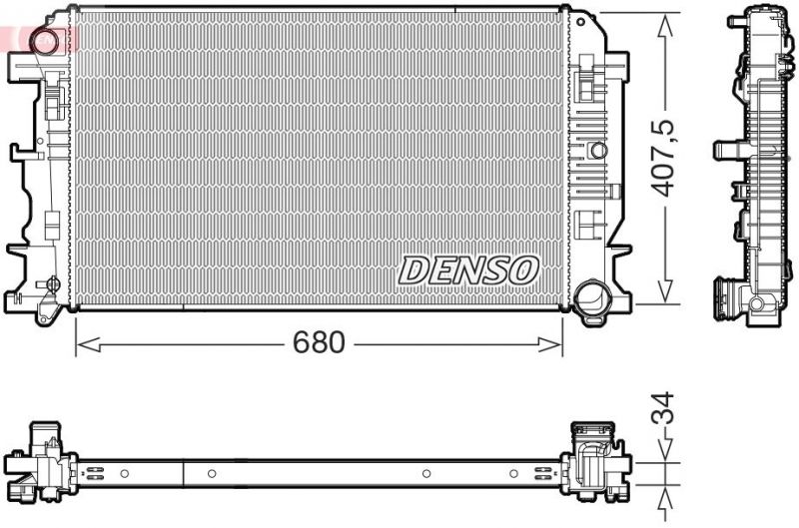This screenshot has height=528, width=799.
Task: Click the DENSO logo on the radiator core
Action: [x=468, y=268]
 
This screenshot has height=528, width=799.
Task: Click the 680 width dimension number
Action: [x=319, y=343]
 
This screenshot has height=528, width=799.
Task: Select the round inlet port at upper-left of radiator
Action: [x=45, y=41]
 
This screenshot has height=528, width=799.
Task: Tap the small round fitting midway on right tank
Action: [x=597, y=151]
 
